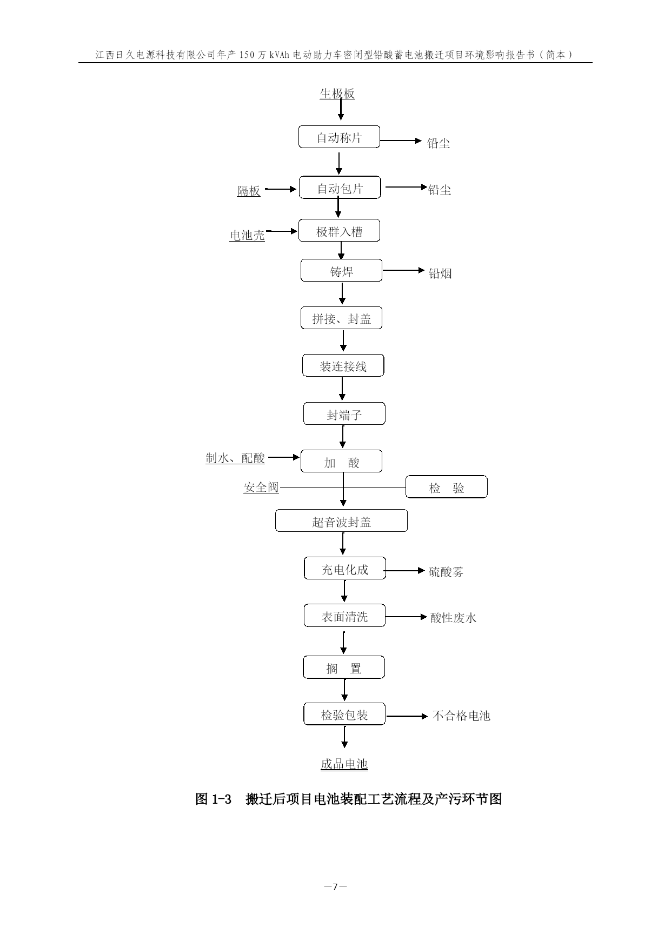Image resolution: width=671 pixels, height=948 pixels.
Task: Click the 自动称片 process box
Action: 339,137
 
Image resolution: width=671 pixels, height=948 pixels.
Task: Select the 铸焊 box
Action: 341,270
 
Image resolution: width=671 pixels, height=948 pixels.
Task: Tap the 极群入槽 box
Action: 339,231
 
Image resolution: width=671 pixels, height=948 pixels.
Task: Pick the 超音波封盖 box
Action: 341,520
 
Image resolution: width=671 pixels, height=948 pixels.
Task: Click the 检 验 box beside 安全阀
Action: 447,486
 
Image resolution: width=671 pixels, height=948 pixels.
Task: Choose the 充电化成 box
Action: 345,568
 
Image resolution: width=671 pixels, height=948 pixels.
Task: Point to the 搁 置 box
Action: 344,667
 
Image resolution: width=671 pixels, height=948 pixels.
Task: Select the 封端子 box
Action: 344,414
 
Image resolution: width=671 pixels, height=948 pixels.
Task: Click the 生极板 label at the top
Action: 337,94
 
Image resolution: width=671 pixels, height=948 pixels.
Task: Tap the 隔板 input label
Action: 249,191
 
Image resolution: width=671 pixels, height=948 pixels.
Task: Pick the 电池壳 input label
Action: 248,235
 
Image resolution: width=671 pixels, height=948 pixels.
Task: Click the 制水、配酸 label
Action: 235,458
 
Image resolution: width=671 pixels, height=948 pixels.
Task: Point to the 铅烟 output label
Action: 440,273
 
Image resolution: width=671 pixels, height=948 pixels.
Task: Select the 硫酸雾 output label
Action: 446,572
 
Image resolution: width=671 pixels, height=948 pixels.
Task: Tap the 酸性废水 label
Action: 453,618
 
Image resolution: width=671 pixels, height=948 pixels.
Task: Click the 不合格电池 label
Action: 461,716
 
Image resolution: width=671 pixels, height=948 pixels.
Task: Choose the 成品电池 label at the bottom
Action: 344,764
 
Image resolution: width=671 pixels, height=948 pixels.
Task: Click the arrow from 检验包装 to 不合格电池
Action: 407,716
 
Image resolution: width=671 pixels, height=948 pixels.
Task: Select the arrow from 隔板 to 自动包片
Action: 281,189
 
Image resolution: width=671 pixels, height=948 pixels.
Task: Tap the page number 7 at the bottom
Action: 335,886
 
